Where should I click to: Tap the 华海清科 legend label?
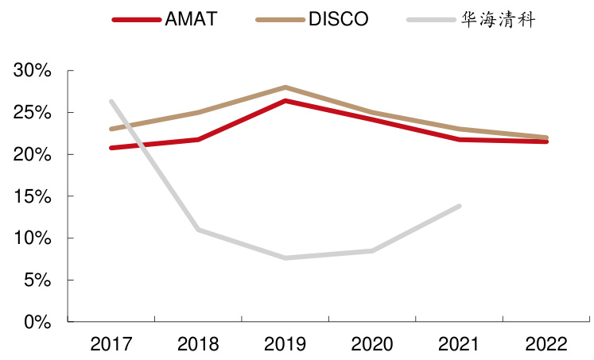pos(498,19)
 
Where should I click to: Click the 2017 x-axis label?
pos(111,344)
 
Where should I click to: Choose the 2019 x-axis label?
pos(285,344)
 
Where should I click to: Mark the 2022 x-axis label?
pos(545,344)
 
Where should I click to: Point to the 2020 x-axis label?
pos(371,344)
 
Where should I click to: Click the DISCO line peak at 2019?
pos(285,87)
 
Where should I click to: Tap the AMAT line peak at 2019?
pos(285,101)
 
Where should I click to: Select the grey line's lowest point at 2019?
pos(285,257)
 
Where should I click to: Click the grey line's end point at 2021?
pos(459,206)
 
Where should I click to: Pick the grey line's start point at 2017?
pos(111,101)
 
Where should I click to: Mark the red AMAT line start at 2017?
pos(111,148)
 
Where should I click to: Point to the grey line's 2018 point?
pos(197,230)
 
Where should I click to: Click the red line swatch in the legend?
pos(136,19)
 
